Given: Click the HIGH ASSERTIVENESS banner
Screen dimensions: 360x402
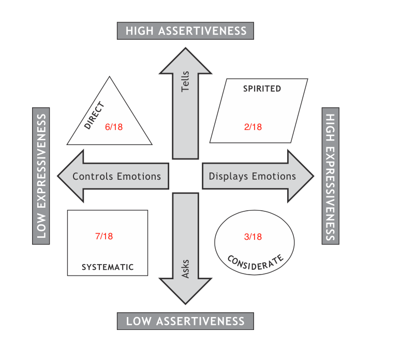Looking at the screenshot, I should (x=186, y=31).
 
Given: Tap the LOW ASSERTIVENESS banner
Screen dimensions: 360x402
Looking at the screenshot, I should (x=186, y=321).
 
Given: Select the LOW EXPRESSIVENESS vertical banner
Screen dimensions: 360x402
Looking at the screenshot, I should (x=41, y=176).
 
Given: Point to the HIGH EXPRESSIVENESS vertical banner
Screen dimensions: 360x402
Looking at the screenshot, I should (x=331, y=176).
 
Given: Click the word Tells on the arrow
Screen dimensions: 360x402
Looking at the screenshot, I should (x=186, y=82).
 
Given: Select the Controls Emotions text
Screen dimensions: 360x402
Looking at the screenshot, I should (x=117, y=176).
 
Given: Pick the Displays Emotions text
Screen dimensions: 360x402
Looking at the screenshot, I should (x=252, y=176).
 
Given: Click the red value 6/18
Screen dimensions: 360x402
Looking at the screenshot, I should (x=114, y=127).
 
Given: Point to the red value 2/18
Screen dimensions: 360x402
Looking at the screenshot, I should (x=253, y=127).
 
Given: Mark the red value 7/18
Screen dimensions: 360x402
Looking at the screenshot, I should (x=104, y=236).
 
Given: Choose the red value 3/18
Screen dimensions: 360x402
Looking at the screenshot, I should (x=253, y=237).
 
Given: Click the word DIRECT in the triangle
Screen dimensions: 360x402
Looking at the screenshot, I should (x=94, y=116).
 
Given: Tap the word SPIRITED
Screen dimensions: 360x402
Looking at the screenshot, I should (x=262, y=89).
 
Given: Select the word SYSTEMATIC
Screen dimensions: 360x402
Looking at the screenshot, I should (x=108, y=267).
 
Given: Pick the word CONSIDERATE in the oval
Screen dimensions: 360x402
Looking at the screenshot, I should (x=256, y=262).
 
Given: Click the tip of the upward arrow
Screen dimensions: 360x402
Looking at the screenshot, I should (x=186, y=48).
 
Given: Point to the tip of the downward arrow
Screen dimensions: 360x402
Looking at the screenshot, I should (x=186, y=304).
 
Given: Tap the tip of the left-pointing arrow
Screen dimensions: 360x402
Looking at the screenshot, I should (x=58, y=176).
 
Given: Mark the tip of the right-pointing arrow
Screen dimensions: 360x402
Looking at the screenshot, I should (x=313, y=176).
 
